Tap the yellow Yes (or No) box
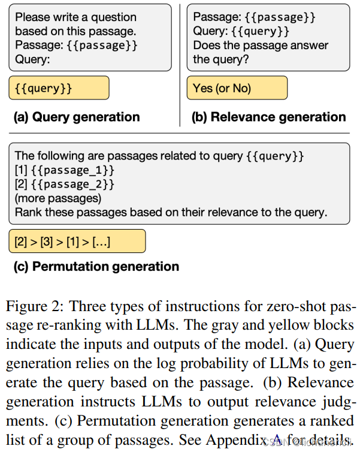tap(237, 88)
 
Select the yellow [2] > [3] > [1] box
tap(77, 242)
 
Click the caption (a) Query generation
tap(77, 117)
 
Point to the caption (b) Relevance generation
tap(268, 117)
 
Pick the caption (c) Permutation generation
tap(96, 266)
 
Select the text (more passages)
tap(58, 198)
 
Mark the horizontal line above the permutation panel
tap(180, 133)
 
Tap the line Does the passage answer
tap(261, 45)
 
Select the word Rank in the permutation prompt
tap(28, 212)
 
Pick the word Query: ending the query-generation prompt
tap(32, 59)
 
